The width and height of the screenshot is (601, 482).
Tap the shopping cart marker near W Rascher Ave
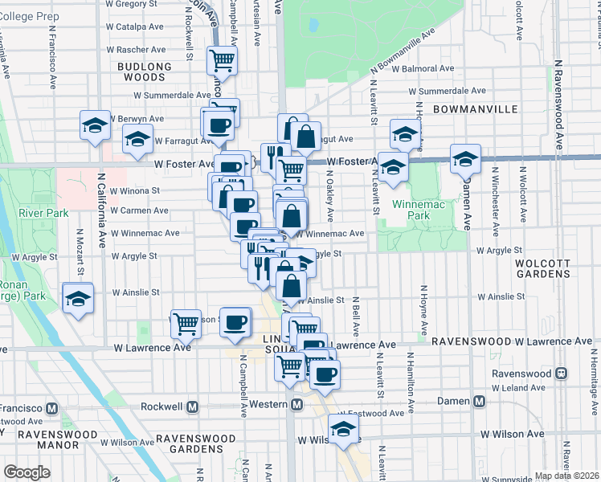(222, 59)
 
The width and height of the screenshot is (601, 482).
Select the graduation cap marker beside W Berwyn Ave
(95, 125)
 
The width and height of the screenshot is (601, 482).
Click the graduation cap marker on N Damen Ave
(465, 158)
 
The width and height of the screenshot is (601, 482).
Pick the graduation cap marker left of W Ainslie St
(78, 297)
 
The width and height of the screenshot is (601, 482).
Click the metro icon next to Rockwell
(193, 406)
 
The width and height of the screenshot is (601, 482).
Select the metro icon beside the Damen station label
(480, 402)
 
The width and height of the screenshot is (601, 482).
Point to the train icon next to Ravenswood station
(562, 374)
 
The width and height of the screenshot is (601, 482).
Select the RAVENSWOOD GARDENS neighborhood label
(196, 444)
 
